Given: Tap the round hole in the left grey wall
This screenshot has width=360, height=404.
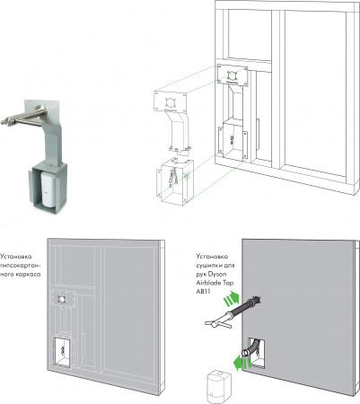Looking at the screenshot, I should pyautogui.click(x=62, y=298).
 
